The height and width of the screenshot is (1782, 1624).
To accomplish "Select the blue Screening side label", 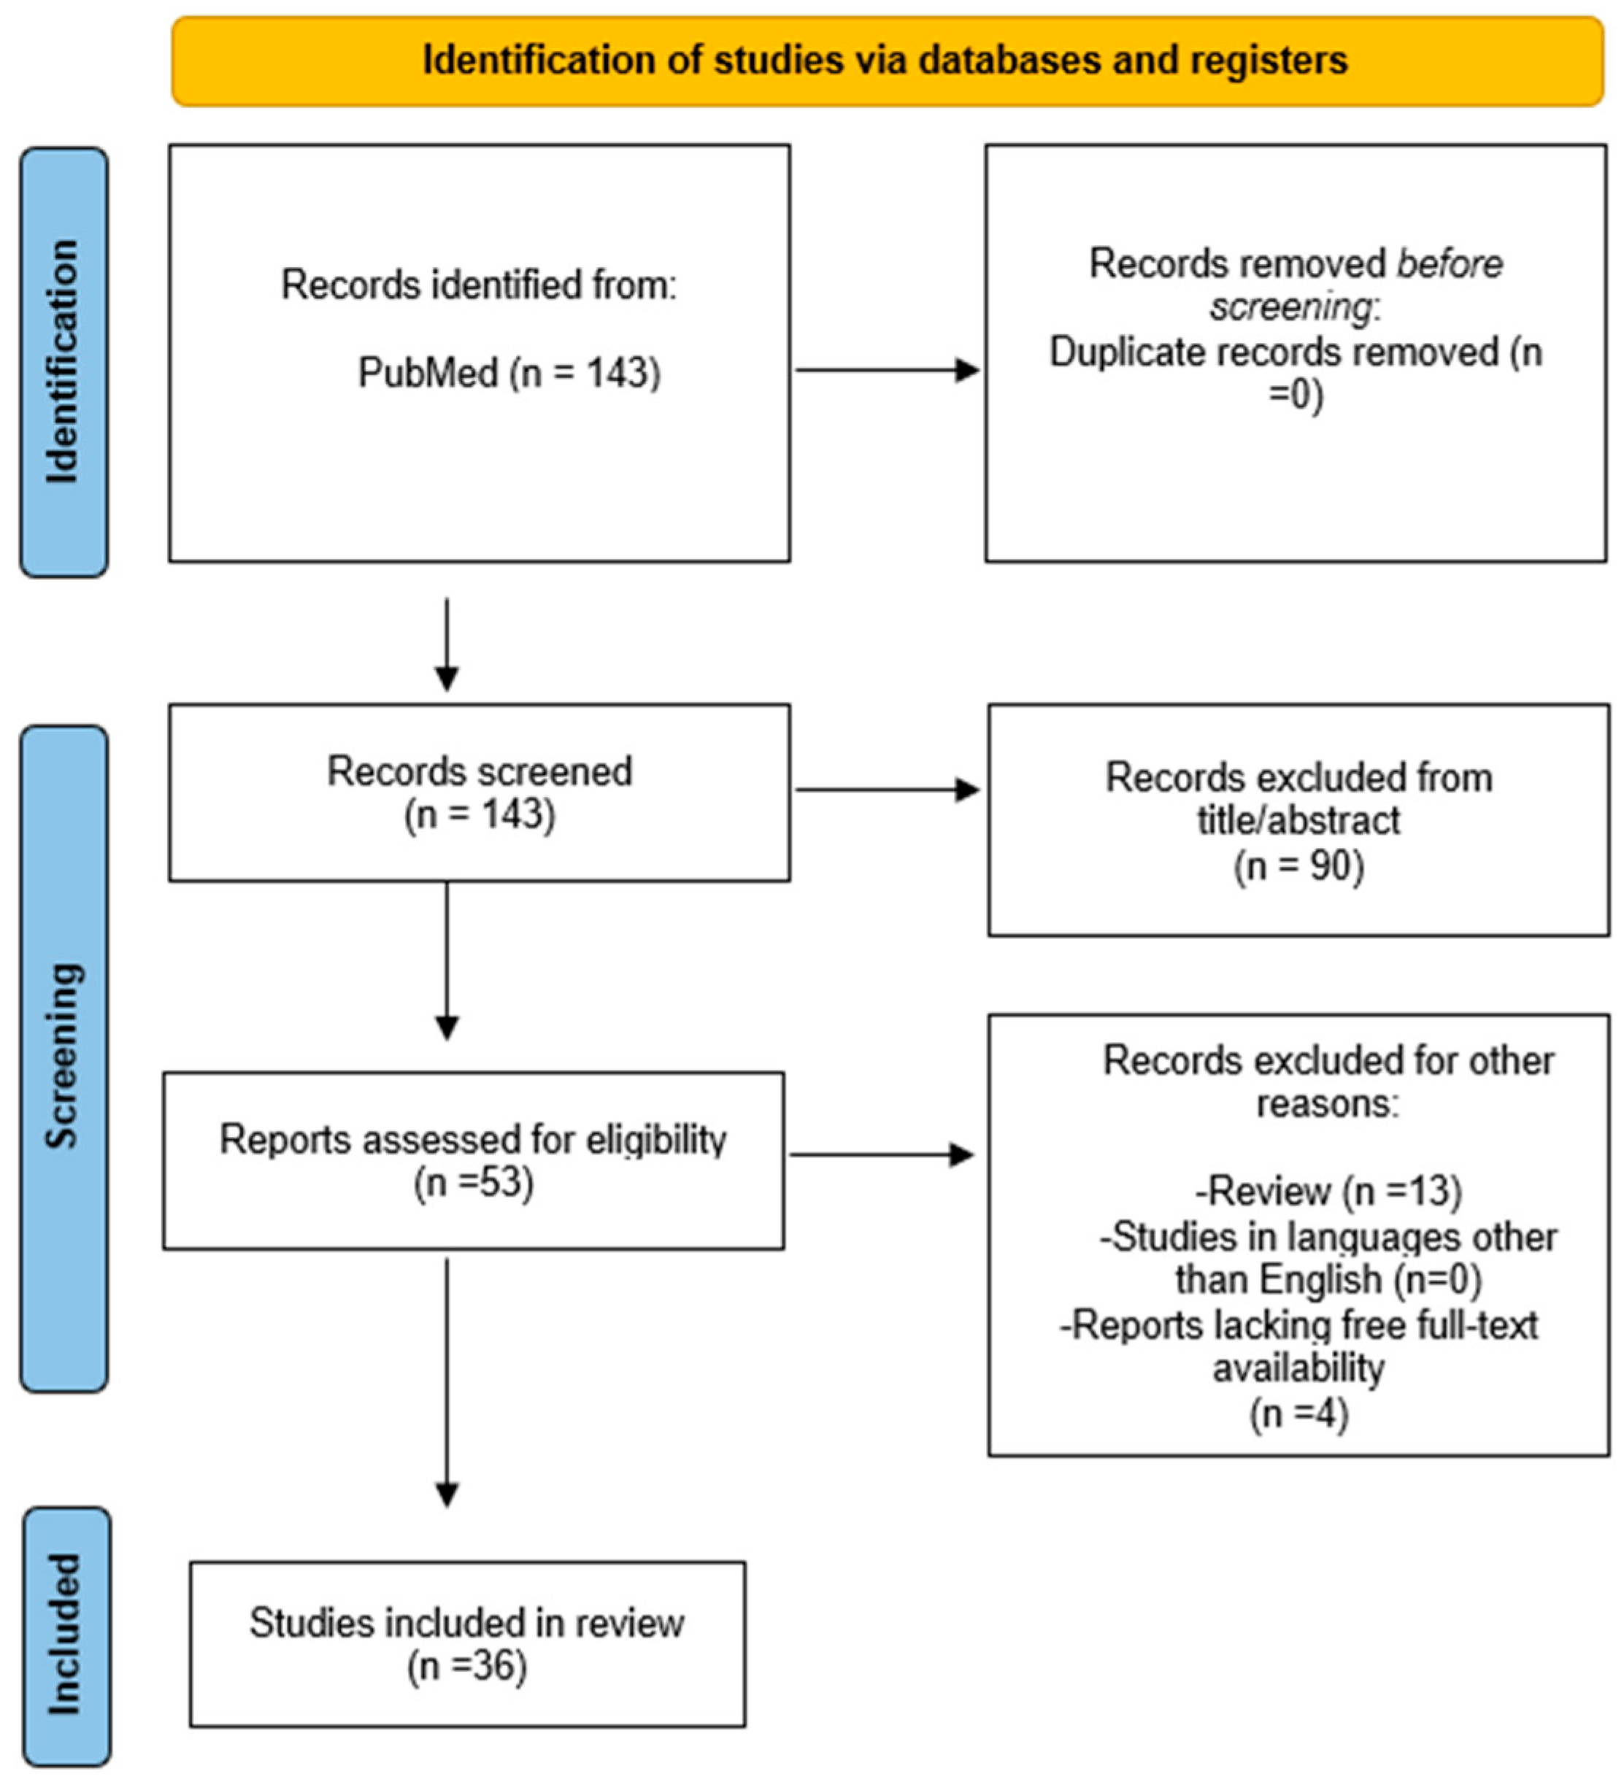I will [x=64, y=1057].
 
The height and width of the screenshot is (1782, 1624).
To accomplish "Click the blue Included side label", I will [x=66, y=1635].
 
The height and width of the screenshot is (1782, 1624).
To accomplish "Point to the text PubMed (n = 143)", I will [x=509, y=372].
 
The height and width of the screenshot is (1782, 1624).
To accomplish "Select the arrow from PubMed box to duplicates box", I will [x=887, y=371].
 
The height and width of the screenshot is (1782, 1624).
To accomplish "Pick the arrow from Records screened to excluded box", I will [x=887, y=790].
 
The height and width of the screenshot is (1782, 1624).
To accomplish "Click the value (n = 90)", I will [x=1298, y=865].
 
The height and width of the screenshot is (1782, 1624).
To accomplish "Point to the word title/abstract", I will [x=1298, y=820].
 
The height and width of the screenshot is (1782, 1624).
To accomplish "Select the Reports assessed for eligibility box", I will [x=473, y=1160].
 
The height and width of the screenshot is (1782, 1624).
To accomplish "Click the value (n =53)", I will [x=474, y=1183].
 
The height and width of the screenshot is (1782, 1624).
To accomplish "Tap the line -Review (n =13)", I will [x=1328, y=1192].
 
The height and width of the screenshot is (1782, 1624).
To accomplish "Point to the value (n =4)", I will [x=1298, y=1413].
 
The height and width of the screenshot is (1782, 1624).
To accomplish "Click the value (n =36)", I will [x=467, y=1666].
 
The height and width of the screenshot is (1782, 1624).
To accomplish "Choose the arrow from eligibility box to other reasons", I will [x=882, y=1154].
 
